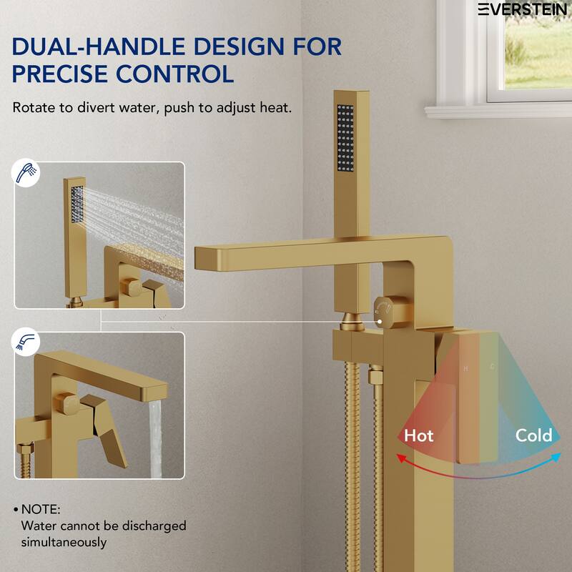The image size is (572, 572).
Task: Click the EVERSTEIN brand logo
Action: coord(524,9)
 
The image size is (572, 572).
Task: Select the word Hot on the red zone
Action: coord(418,435)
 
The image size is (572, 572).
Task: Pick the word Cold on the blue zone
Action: coord(533,435)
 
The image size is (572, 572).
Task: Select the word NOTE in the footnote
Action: coord(41,509)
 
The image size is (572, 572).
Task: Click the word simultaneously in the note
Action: coord(64,542)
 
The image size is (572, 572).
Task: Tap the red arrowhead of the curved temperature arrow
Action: coord(402,458)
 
